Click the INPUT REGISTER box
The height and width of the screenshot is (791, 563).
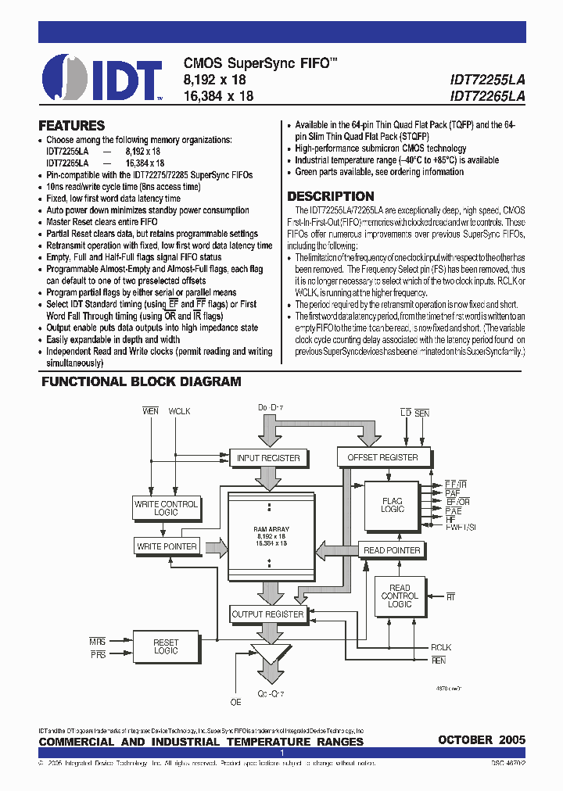click(268, 458)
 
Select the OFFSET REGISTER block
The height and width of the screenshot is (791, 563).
click(382, 457)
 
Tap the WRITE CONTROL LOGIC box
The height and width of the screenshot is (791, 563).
click(166, 508)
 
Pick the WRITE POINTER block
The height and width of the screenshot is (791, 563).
click(167, 546)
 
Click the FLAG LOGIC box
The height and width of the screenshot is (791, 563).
click(392, 505)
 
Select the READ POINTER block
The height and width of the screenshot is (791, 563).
click(392, 550)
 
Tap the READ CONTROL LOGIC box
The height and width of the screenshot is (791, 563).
click(400, 596)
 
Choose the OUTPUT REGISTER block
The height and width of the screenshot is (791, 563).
click(267, 614)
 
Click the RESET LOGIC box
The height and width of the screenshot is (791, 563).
click(166, 646)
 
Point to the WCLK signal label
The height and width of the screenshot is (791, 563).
click(179, 411)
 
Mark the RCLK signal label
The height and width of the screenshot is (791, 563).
click(441, 647)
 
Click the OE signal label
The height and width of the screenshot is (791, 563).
click(235, 701)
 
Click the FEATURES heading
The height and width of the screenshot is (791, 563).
click(71, 125)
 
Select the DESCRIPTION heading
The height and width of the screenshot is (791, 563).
click(331, 196)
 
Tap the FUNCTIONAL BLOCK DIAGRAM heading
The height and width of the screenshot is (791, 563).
click(141, 381)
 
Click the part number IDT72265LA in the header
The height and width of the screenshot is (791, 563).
click(488, 95)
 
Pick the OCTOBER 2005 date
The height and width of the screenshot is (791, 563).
click(482, 739)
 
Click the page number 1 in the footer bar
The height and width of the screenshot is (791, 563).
click(281, 752)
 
